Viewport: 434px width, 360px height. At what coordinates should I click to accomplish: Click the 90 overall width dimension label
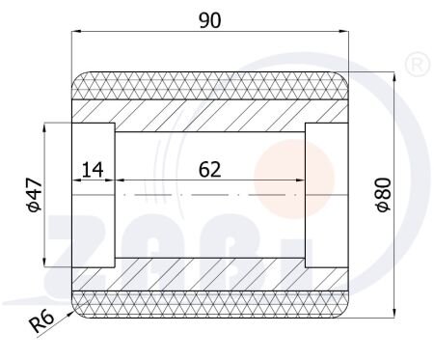click(x=210, y=20)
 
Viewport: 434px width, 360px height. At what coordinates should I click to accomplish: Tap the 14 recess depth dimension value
click(x=93, y=170)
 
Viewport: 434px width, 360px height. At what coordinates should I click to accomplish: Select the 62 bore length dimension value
click(x=210, y=170)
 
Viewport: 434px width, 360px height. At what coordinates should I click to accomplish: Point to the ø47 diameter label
click(x=35, y=195)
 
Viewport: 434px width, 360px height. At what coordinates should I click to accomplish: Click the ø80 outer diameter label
click(x=384, y=195)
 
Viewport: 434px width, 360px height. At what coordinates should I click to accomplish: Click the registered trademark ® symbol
click(x=418, y=65)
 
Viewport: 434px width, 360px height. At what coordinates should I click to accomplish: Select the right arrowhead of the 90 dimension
click(x=344, y=31)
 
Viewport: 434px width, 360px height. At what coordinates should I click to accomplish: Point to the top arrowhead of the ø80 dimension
click(x=394, y=76)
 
